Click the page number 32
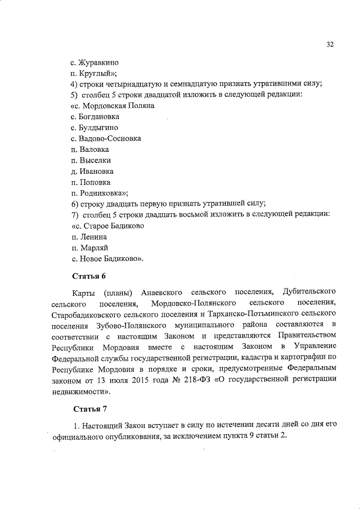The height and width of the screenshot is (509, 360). [x=330, y=45]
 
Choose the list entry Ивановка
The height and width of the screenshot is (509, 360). [x=96, y=171]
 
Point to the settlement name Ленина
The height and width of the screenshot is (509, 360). [x=92, y=237]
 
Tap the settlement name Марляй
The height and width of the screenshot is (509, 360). [x=93, y=247]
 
